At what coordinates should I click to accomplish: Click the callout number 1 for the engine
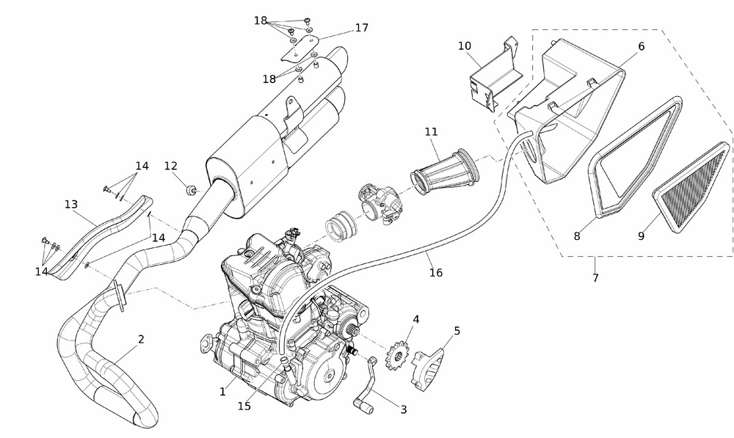(222, 393)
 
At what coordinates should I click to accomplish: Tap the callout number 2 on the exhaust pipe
(141, 339)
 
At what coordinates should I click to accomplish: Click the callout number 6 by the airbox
(641, 46)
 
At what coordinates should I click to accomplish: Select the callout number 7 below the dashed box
(595, 278)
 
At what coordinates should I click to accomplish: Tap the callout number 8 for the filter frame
(577, 236)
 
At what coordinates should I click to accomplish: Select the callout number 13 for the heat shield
(71, 205)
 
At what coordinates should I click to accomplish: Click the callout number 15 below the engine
(244, 406)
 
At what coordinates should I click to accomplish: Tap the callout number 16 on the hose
(436, 273)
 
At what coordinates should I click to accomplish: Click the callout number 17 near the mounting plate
(361, 28)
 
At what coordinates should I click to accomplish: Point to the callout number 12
(171, 166)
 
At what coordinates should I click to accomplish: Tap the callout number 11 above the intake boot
(431, 132)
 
